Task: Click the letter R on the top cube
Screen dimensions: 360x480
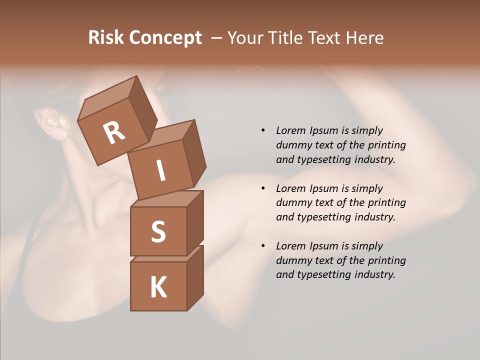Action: pos(114,132)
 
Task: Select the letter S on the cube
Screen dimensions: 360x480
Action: pos(158,231)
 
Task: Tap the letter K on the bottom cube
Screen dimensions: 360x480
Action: pos(158,287)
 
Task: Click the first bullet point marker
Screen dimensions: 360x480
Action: pos(263,130)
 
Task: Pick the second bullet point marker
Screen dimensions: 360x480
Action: pos(263,188)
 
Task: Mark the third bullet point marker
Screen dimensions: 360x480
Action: pos(263,246)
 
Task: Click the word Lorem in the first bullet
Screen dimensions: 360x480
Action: pos(290,130)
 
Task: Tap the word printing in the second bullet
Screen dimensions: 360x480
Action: pos(386,203)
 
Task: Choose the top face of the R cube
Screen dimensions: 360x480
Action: pos(107,98)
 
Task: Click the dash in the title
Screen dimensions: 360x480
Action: pos(217,38)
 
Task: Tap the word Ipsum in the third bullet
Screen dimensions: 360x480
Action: pos(324,246)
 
